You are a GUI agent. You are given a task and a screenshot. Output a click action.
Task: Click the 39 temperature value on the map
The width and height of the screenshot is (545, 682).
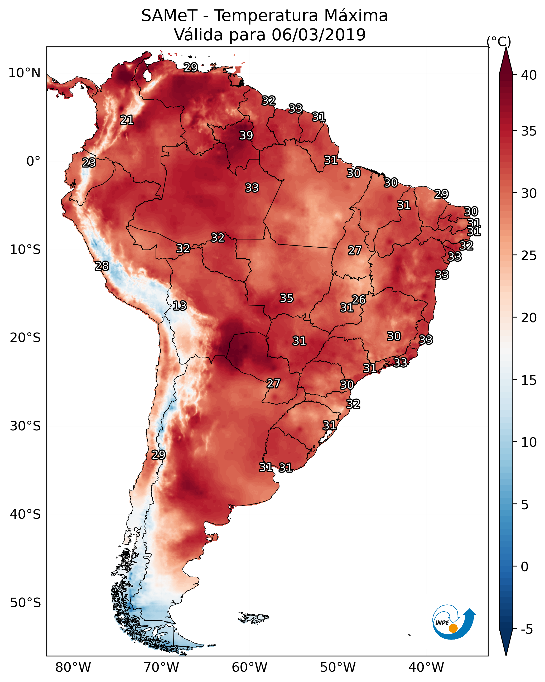point(246,135)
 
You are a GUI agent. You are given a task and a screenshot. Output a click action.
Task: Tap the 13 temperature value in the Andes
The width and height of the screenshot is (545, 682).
point(180,306)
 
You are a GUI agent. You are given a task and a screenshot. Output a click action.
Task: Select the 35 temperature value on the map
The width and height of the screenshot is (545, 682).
point(287,298)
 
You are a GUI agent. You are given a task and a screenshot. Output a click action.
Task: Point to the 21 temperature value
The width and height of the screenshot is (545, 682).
point(127,120)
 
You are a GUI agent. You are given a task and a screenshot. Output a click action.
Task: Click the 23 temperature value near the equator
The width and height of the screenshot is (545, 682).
point(89,163)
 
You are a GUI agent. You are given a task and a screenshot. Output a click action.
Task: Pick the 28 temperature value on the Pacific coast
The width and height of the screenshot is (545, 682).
point(102,266)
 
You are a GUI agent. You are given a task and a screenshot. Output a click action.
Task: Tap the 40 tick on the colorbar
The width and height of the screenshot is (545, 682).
point(529,75)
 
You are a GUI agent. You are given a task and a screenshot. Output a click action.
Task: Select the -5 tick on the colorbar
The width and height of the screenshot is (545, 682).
point(527,630)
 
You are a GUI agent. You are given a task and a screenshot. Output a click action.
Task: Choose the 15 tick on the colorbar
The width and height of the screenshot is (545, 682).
point(529,380)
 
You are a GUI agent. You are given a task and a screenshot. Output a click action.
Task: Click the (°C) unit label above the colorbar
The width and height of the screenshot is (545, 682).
point(499,41)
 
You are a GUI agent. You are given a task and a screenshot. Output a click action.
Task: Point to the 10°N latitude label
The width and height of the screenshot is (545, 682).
point(24,73)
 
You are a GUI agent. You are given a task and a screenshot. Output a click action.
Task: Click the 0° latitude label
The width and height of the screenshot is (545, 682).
point(33,161)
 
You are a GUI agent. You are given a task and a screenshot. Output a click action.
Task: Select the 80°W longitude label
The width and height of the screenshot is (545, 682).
point(73,667)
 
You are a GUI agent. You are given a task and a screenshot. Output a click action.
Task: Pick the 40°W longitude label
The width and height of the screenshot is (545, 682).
point(426,667)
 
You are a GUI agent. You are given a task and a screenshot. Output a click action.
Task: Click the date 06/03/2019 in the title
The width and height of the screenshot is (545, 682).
point(319,35)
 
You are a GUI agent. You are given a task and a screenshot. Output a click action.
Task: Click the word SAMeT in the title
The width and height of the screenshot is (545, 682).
point(169,16)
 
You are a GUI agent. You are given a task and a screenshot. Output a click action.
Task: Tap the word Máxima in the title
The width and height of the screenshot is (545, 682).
point(356,16)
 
